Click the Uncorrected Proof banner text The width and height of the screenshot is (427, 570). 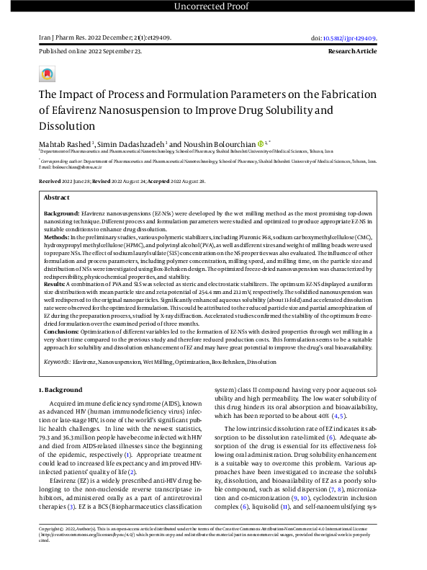tap(213, 7)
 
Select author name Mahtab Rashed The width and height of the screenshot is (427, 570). tap(58, 145)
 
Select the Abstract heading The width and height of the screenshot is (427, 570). tap(57, 197)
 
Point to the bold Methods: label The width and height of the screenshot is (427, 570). tap(58, 236)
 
